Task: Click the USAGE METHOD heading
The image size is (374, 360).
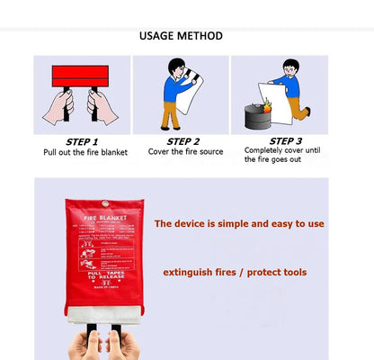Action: point(181,37)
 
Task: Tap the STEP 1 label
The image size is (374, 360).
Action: point(82,141)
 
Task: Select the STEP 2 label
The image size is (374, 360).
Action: point(183,141)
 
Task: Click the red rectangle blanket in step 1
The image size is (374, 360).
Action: point(81,76)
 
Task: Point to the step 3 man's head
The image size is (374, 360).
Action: point(289,67)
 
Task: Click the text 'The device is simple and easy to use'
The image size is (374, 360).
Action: point(239,223)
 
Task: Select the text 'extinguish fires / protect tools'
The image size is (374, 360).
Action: point(235,272)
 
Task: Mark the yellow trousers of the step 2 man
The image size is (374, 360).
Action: point(169,115)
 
